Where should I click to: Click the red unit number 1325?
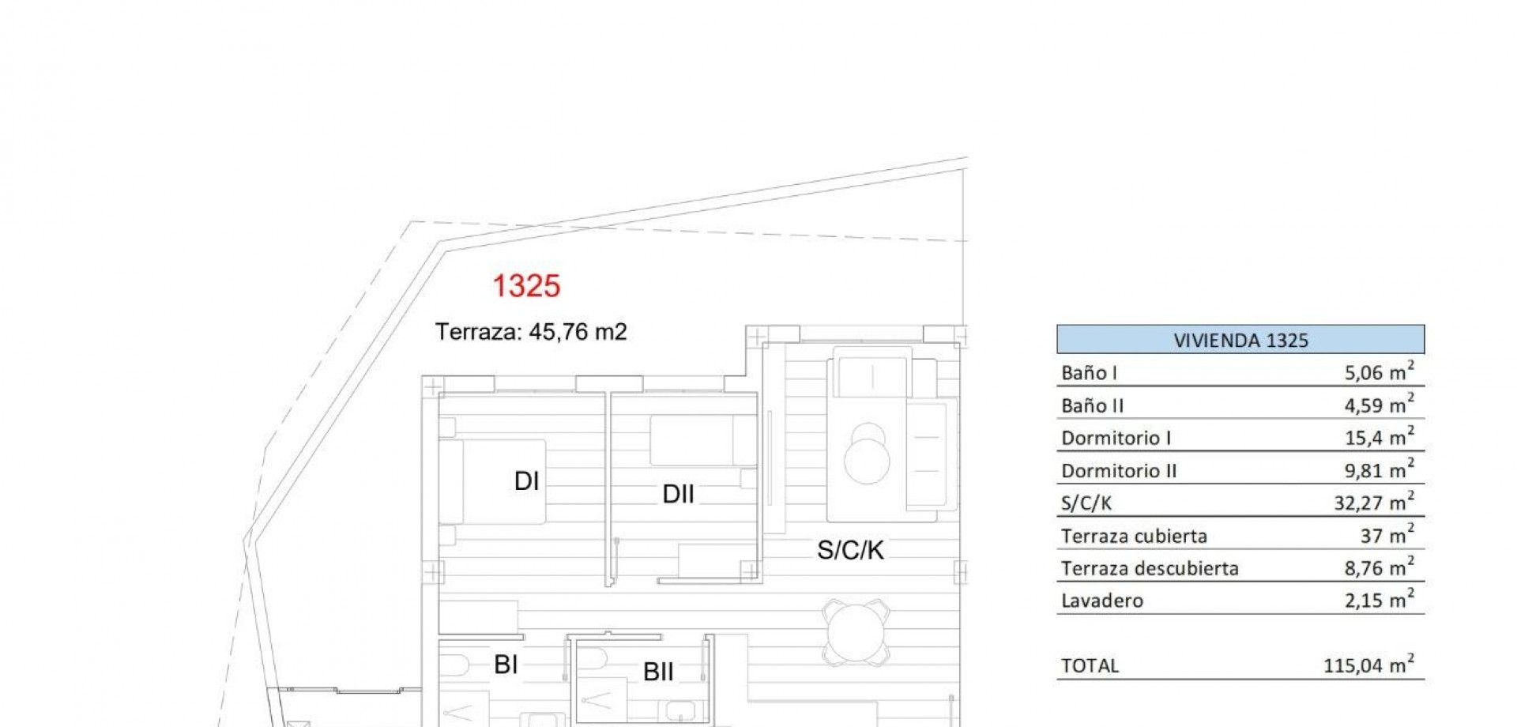[526, 286]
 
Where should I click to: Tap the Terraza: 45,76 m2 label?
[531, 332]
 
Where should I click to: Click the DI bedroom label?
[526, 480]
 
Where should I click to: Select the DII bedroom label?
[678, 494]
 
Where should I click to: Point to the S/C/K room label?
[850, 550]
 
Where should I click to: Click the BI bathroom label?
[506, 665]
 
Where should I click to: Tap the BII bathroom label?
[658, 672]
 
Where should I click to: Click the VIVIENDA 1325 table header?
[1240, 340]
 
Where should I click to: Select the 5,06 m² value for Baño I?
[1380, 371]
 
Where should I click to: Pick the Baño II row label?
[1092, 405]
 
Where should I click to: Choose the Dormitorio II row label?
[1119, 471]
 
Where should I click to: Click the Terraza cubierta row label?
[1134, 536]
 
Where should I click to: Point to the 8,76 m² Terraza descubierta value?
[1380, 567]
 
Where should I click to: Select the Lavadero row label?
[1102, 601]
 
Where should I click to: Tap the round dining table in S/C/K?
[856, 631]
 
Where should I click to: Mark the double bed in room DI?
[492, 481]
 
